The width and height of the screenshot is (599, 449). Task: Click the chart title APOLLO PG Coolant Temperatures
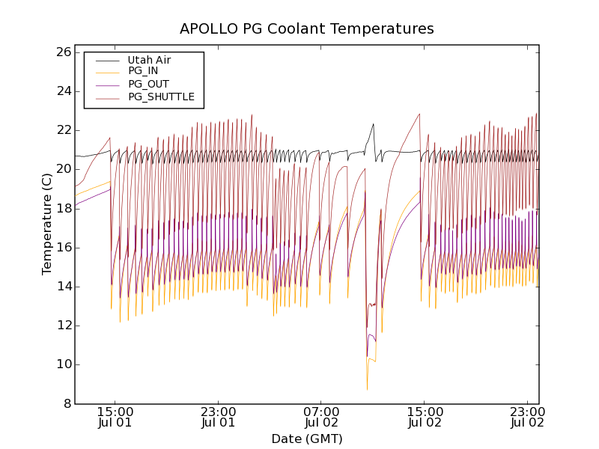point(307,29)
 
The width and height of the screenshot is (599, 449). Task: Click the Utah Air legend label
point(149,60)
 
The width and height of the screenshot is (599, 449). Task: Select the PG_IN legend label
point(143,71)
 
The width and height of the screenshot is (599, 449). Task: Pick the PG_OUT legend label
point(148,84)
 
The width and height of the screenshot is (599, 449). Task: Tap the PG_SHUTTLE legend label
point(161,97)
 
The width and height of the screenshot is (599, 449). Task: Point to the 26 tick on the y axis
point(63,52)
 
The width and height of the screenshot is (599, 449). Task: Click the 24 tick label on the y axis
point(63,91)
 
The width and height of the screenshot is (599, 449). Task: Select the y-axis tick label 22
point(63,130)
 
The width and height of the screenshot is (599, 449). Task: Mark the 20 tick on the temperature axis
point(63,169)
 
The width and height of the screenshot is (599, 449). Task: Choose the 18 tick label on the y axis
point(63,208)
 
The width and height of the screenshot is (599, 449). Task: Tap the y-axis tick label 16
point(63,247)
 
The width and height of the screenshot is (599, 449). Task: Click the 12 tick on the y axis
point(63,326)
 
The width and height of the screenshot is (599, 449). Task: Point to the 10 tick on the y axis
point(63,364)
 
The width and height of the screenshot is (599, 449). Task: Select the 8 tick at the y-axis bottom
point(67,403)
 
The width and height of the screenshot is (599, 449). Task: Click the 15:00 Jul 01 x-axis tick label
point(115,417)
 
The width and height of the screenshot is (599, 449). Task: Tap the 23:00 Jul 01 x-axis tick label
point(219,417)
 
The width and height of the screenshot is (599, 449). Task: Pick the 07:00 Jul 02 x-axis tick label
point(321,417)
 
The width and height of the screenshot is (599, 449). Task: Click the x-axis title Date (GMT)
point(307,439)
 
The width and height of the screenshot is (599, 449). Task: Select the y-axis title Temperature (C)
point(47,224)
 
